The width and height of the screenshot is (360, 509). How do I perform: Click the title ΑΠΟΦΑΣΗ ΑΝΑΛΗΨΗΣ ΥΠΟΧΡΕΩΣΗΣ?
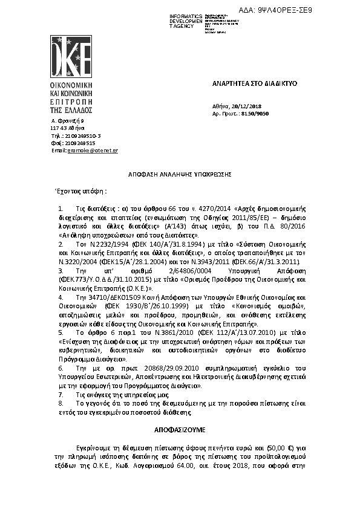coord(180,173)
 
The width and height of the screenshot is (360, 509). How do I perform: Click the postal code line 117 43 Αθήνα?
coord(68,129)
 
